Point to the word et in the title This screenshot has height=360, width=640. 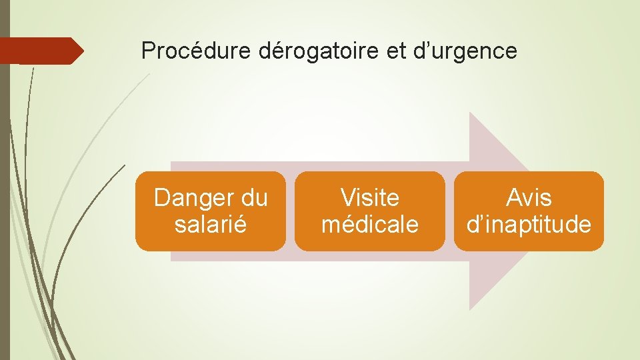point(396,51)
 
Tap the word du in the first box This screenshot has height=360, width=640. point(253,198)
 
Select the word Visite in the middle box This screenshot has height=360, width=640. point(370,198)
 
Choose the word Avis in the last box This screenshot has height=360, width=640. point(529,198)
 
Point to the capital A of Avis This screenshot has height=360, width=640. point(513,198)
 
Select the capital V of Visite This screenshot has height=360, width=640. point(347,198)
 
